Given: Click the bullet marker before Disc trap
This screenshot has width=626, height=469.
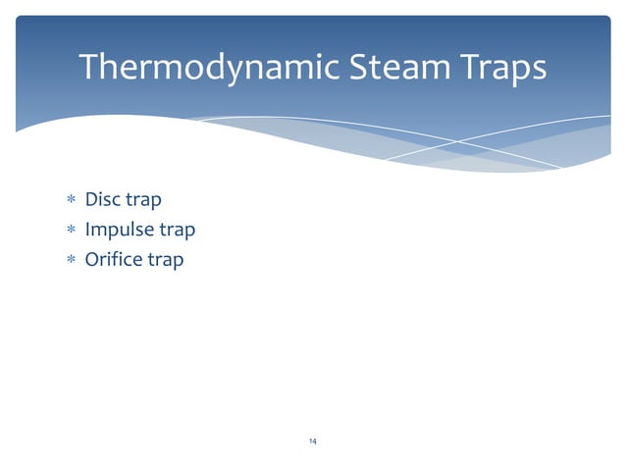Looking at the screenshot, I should click(71, 201).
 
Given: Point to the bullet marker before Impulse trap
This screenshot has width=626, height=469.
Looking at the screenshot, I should click(71, 231).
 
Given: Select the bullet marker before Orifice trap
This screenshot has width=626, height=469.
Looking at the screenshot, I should click(71, 261).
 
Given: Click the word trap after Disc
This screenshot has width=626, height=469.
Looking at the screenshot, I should click(143, 201).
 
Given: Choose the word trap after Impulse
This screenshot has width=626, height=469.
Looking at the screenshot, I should click(178, 231).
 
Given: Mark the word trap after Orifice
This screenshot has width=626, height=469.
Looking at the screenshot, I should click(166, 261).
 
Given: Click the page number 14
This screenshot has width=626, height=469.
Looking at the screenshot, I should click(312, 442).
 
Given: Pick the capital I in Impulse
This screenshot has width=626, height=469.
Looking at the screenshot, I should click(88, 230).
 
